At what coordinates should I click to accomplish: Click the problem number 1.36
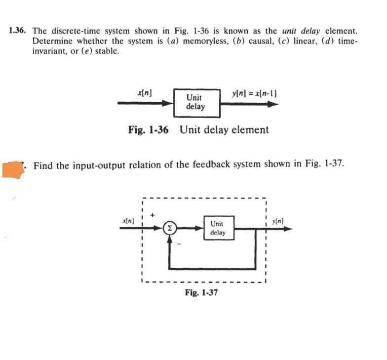tap(17, 31)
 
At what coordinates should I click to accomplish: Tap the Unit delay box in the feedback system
tap(218, 228)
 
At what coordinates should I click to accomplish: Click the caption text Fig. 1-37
tap(201, 292)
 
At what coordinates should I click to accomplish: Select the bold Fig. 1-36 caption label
tap(148, 130)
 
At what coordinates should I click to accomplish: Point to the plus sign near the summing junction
tap(153, 215)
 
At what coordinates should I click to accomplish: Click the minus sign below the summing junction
tap(180, 244)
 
